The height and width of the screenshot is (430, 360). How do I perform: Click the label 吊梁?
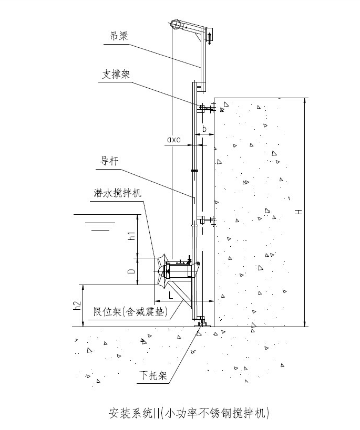point(119,36)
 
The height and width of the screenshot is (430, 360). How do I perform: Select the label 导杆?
point(109,161)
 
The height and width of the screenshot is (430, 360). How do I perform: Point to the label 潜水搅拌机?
point(115,193)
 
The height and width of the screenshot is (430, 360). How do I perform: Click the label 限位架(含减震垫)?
point(128,312)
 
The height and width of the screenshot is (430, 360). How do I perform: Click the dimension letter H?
point(298,212)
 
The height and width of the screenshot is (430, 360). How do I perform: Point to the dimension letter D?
point(132,271)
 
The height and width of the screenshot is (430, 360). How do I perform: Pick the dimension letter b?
point(204,128)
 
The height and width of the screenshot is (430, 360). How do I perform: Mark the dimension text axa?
point(173,140)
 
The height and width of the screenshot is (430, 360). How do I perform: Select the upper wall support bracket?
point(205,108)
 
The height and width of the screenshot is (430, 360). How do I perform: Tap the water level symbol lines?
point(98,223)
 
